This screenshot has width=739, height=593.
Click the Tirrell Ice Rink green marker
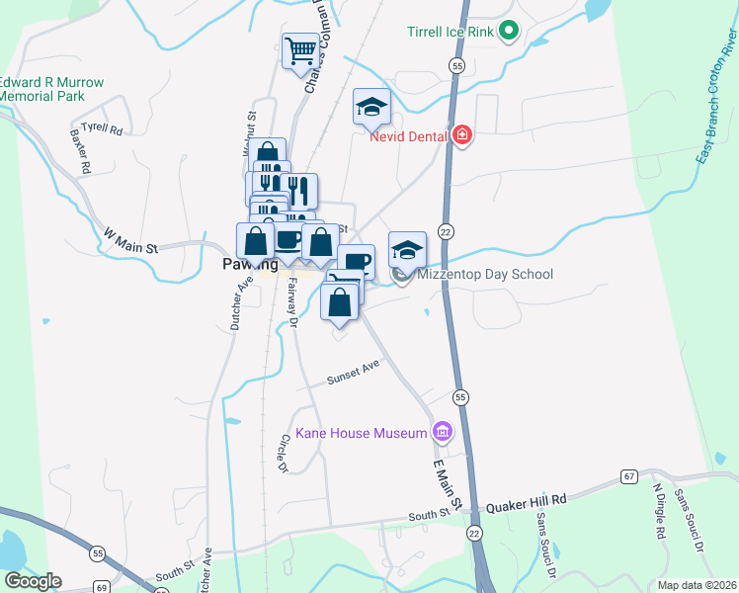pyautogui.click(x=509, y=32)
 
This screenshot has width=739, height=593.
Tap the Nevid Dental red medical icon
pyautogui.click(x=461, y=136)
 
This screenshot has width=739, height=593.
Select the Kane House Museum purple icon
pyautogui.click(x=442, y=431)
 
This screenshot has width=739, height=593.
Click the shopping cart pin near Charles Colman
pyautogui.click(x=299, y=51)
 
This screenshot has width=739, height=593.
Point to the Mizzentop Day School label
pyautogui.click(x=485, y=275)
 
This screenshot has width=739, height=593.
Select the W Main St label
pyautogui.click(x=130, y=241)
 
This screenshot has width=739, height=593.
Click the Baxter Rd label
pyautogui.click(x=80, y=151)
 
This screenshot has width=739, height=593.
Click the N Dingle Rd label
pyautogui.click(x=658, y=512)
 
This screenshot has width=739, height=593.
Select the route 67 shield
pyautogui.click(x=628, y=477)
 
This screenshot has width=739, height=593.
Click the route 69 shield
pyautogui.click(x=102, y=587)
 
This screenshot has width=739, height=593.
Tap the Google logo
pyautogui.click(x=33, y=581)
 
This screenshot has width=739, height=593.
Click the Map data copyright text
pyautogui.click(x=697, y=585)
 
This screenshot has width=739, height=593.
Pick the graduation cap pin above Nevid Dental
pyautogui.click(x=371, y=108)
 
